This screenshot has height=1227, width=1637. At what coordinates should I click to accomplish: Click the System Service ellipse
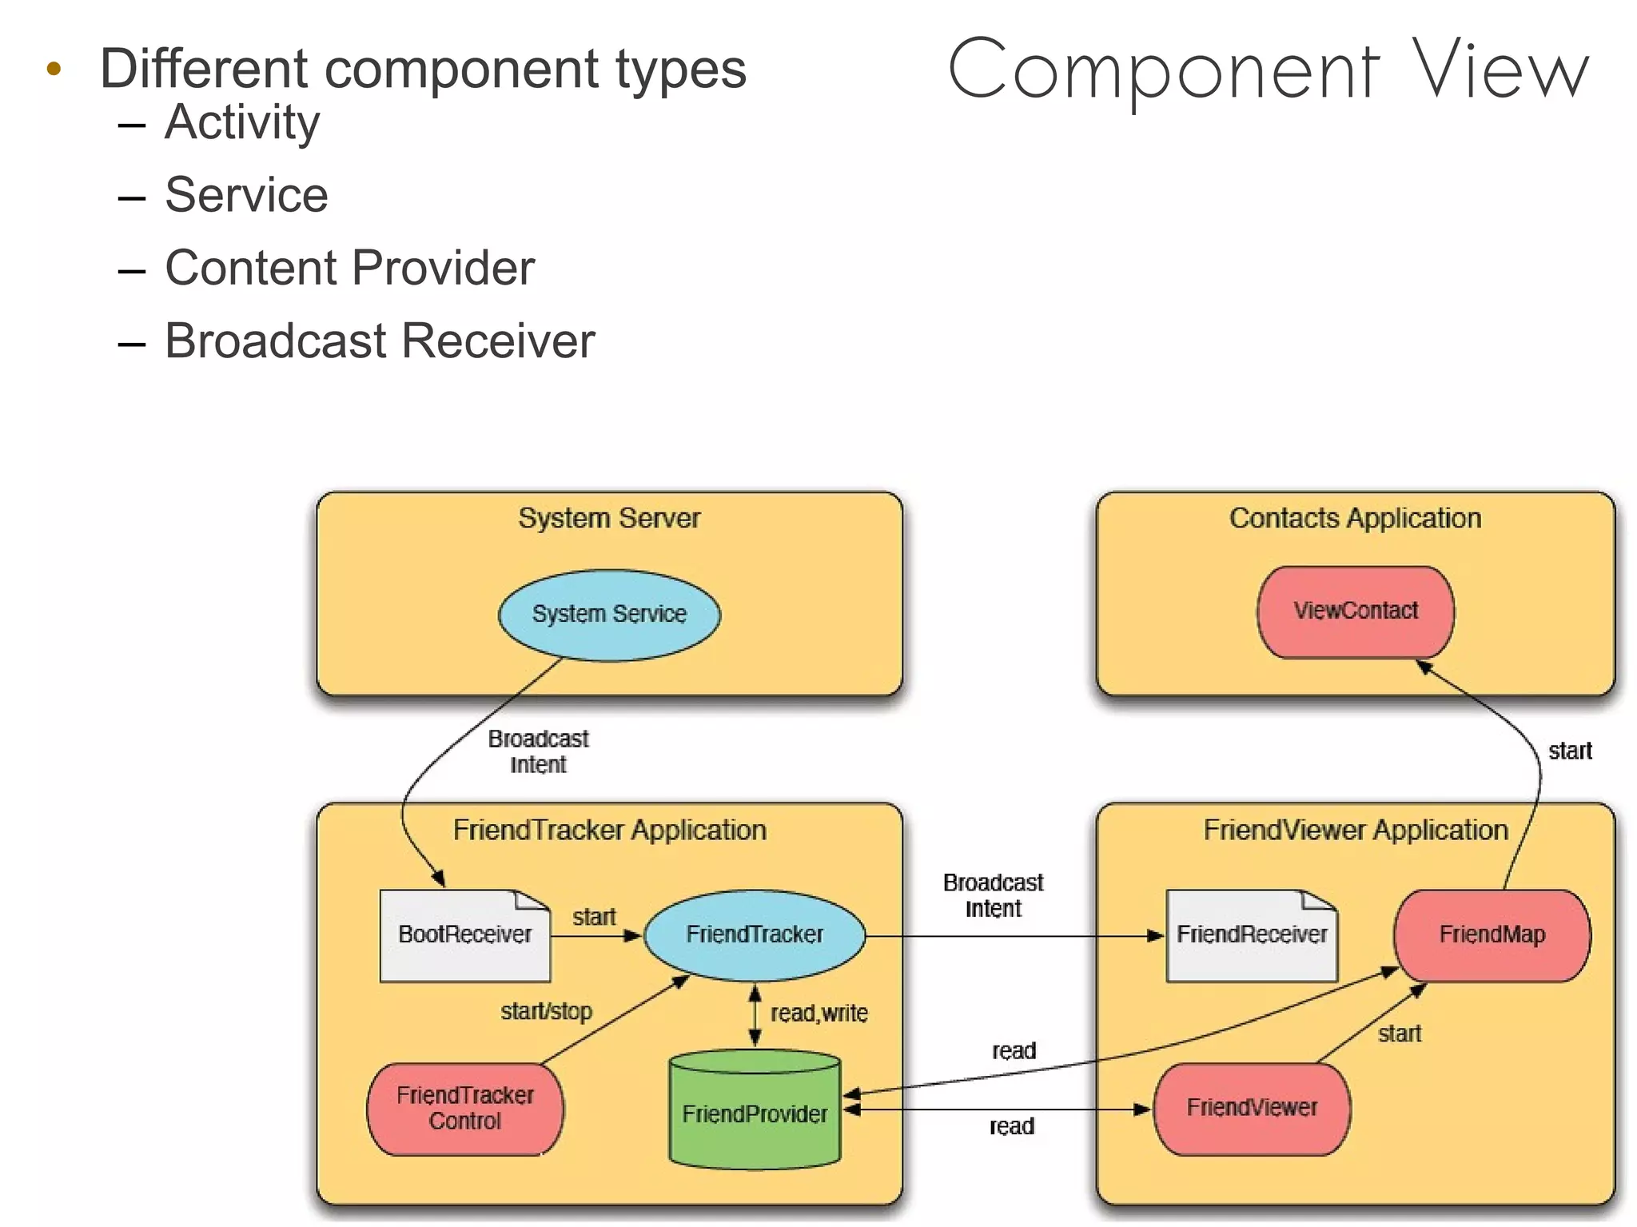609,614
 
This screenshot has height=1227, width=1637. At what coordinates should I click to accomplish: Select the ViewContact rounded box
1356,612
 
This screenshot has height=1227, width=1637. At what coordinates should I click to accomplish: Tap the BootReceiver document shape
464,934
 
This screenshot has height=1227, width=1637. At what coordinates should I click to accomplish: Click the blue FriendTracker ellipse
755,934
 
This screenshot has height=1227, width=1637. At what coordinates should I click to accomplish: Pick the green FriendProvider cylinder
755,1113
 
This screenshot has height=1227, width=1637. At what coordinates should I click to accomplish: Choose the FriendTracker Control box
464,1108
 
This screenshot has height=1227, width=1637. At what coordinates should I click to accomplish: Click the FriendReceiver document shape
1252,934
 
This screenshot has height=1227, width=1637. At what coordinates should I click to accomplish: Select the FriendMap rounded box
1492,934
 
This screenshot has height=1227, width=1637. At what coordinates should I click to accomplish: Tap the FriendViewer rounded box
1252,1108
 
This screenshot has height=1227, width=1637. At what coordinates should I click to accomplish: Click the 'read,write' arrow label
818,1014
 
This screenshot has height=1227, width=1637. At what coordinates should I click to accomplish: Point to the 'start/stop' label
546,1011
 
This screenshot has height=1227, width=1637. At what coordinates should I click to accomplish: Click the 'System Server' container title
609,518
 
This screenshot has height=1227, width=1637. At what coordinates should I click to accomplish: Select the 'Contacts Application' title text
1355,518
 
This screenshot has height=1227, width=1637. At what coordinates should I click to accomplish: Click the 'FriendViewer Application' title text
1356,830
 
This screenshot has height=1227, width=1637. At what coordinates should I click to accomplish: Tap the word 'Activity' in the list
242,122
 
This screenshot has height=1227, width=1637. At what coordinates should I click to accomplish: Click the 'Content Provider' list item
349,268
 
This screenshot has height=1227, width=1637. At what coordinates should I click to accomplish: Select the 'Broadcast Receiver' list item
380,341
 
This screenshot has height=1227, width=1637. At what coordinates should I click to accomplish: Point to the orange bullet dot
54,69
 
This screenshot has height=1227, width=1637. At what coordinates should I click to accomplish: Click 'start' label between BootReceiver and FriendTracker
594,917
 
